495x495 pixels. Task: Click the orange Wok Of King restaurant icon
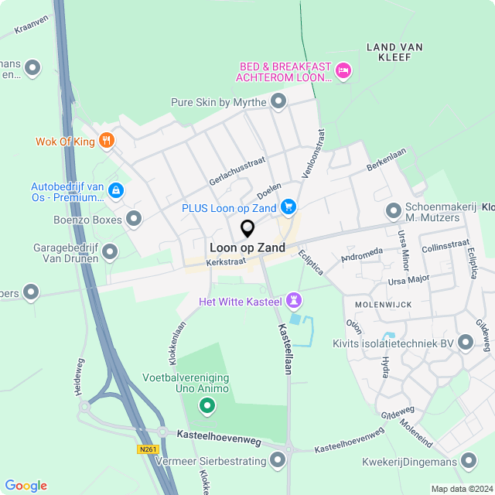point(107,141)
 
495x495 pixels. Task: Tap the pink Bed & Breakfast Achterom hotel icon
point(344,72)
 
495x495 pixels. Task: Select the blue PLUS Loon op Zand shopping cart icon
point(288,207)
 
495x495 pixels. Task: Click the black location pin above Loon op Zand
point(247,229)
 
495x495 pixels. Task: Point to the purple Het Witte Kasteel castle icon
point(293,299)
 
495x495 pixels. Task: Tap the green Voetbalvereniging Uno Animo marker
point(207,405)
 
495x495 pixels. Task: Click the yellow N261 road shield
point(148,449)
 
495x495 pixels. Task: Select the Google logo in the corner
point(26,485)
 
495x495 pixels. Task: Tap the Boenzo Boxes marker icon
point(135,219)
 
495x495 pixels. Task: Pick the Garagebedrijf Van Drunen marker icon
point(110,251)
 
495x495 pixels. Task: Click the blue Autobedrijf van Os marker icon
point(115,189)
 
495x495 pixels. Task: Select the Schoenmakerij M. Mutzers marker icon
point(394,210)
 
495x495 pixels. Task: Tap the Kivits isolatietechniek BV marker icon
point(466,343)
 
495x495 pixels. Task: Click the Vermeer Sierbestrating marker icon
point(278,461)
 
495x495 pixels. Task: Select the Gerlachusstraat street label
point(237,169)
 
